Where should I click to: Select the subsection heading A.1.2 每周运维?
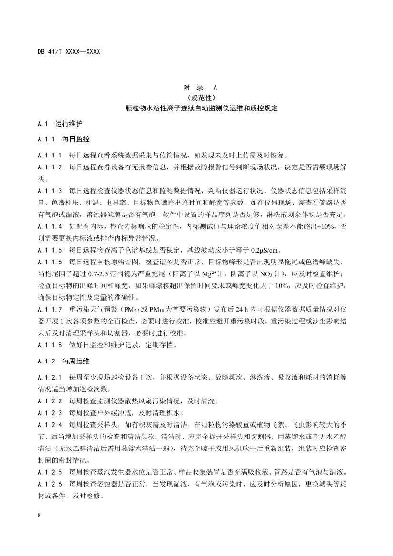coord(63,361)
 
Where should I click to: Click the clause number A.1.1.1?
coord(49,155)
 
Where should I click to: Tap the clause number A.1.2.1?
coord(49,377)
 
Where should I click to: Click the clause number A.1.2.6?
coord(49,480)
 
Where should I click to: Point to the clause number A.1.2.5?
coord(49,469)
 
